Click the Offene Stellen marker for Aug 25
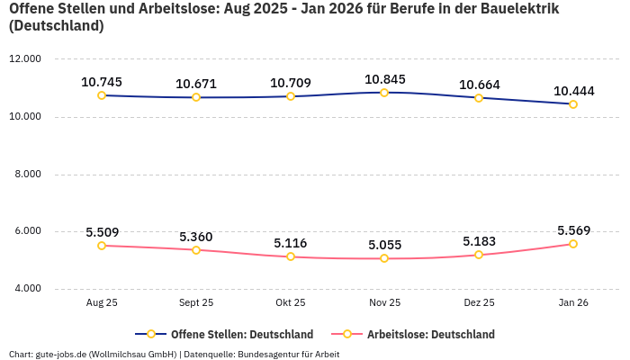pos(102,95)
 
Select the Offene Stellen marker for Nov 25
pos(384,93)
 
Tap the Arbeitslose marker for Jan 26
pos(573,244)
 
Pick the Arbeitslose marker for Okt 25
pos(291,256)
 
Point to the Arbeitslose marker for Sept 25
pos(196,249)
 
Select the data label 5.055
pos(384,245)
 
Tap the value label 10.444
pos(573,91)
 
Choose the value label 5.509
pos(102,232)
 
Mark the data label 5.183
pos(479,241)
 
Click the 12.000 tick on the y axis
pos(25,59)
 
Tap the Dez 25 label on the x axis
pos(479,303)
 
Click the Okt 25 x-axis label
pos(291,303)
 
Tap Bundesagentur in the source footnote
pos(271,355)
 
